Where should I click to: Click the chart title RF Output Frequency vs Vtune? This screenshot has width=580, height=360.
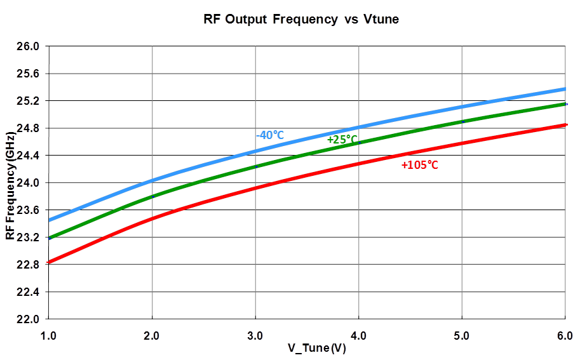[x=300, y=19]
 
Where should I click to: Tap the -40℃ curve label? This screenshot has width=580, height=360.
[x=269, y=135]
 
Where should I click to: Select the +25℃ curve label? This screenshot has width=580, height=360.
[x=342, y=139]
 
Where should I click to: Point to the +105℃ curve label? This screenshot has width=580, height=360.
[x=420, y=165]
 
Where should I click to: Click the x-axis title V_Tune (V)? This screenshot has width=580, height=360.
[x=316, y=348]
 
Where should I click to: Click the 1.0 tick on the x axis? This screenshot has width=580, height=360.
[x=49, y=335]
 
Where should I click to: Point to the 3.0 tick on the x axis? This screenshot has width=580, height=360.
[x=255, y=335]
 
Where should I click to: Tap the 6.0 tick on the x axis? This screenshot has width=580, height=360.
[x=565, y=335]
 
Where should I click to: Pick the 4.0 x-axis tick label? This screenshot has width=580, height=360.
[x=359, y=335]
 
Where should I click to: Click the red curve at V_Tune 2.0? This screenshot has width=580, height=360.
[x=152, y=218]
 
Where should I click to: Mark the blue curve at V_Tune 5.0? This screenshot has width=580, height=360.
[x=462, y=106]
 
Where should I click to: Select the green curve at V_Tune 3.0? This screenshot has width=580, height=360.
[x=255, y=166]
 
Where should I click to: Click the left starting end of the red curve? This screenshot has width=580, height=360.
[x=50, y=262]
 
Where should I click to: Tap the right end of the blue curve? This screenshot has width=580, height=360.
[x=564, y=89]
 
